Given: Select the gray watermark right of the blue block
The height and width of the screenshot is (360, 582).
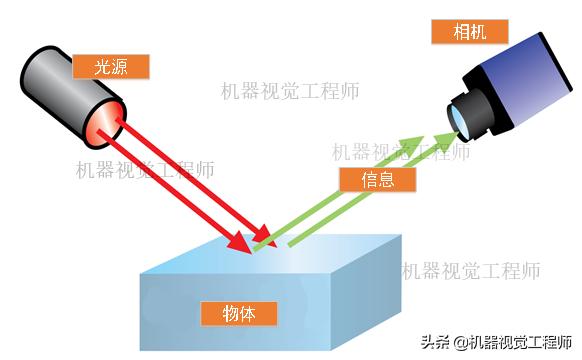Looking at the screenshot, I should pos(471,270).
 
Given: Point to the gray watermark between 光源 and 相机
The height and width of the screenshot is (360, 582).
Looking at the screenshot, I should pos(290,91).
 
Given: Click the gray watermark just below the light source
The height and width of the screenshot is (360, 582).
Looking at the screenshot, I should pos(145,170).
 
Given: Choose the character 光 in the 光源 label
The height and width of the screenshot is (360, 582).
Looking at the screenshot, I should pos(101,67).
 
